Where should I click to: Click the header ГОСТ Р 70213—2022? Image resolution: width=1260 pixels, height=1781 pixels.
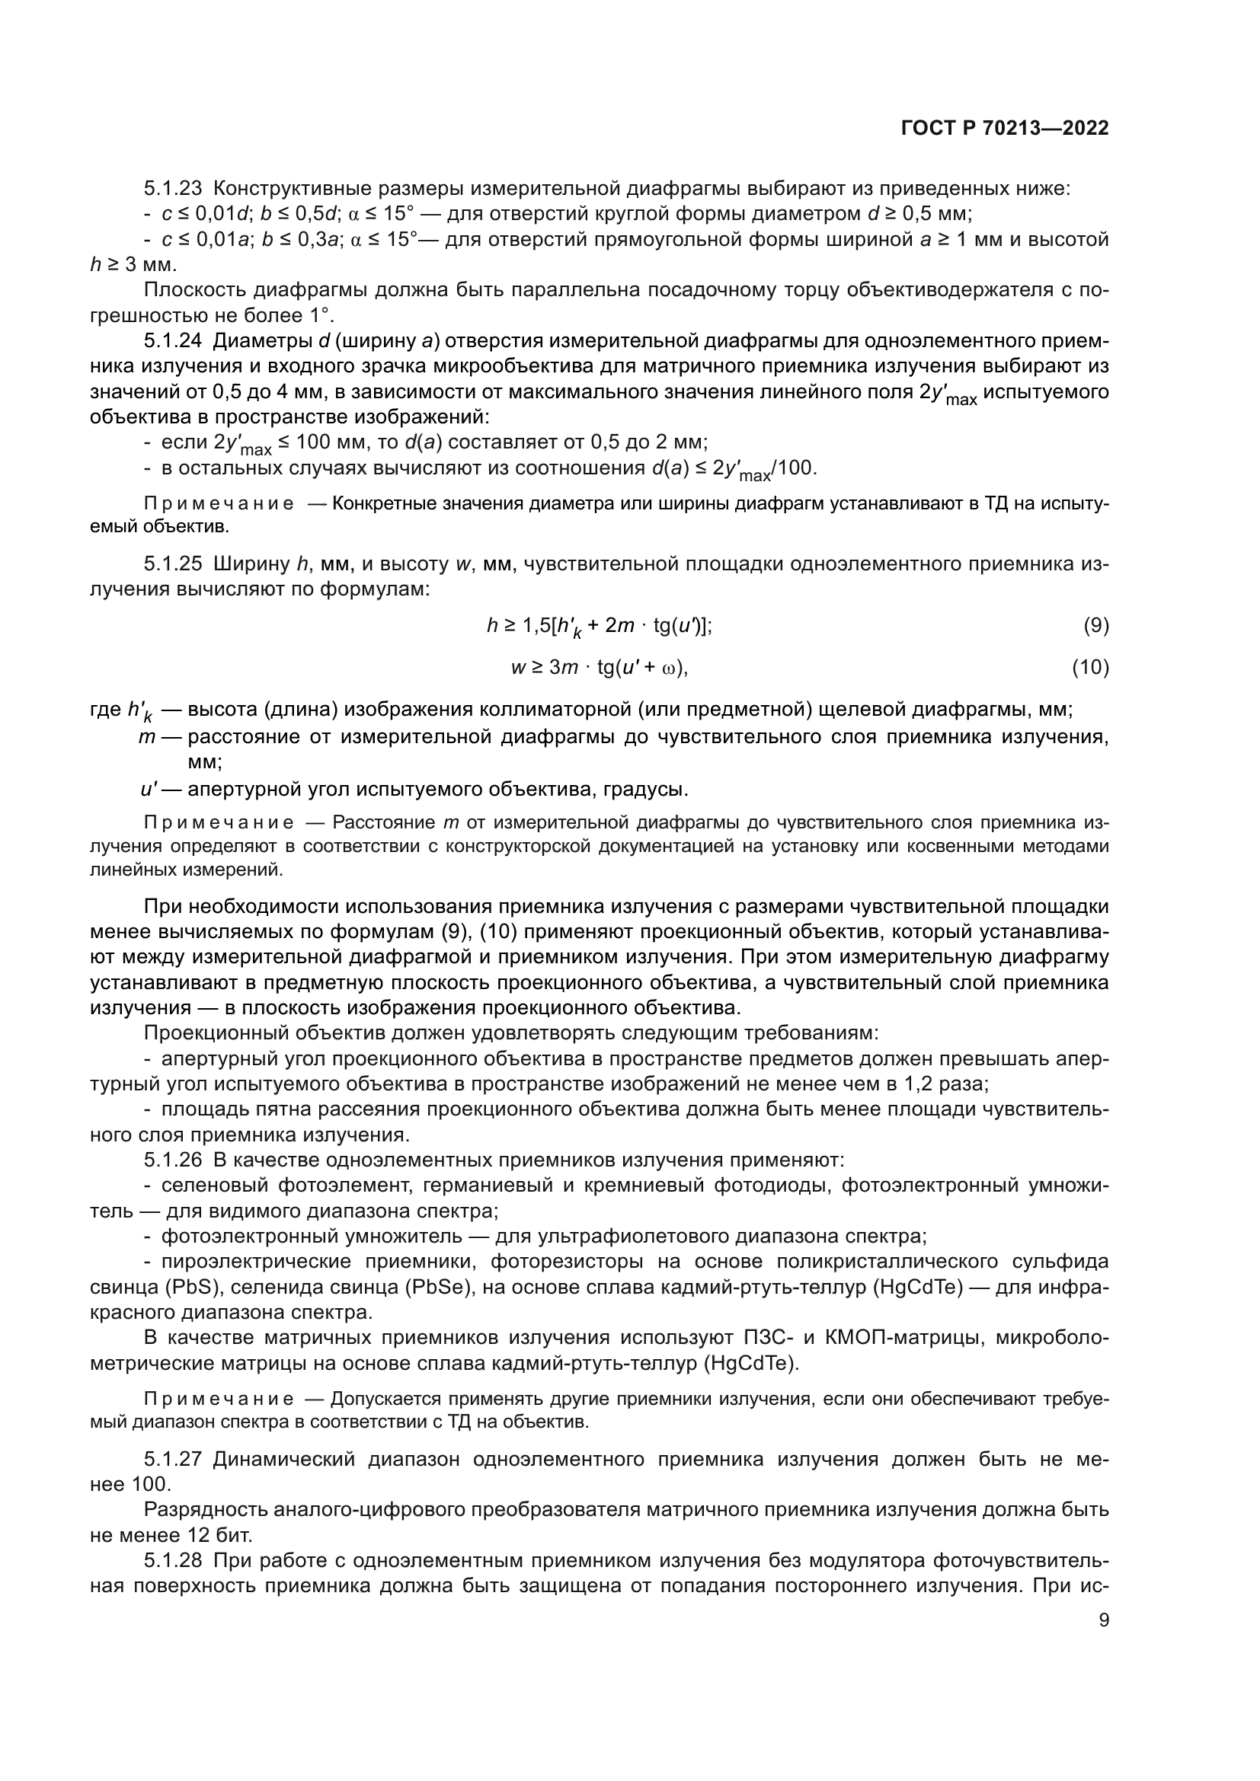(1005, 129)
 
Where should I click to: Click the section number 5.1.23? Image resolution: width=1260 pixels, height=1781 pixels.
(172, 189)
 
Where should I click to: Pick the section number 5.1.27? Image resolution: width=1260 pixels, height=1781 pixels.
(172, 1459)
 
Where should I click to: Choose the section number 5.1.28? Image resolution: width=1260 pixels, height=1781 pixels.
(172, 1560)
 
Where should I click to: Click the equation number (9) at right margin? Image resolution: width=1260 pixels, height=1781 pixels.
(1095, 625)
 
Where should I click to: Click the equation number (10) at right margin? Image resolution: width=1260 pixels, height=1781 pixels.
(1090, 667)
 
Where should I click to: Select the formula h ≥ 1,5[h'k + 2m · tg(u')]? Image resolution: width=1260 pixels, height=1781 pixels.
(599, 627)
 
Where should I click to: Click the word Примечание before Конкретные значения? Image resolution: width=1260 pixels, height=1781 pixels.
(219, 504)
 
